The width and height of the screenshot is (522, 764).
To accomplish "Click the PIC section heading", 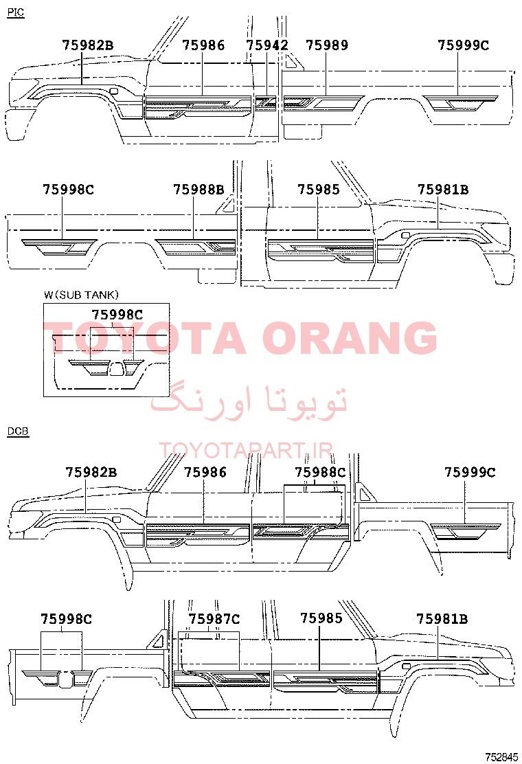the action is tap(16, 12).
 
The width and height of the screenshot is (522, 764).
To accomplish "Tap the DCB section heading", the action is tap(18, 431).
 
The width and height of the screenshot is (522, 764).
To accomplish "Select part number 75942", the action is tap(267, 45).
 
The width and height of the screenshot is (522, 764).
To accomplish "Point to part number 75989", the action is tap(327, 45).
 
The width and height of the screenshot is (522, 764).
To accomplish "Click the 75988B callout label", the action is tap(198, 189).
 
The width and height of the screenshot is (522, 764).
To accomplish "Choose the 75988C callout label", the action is tap(320, 472).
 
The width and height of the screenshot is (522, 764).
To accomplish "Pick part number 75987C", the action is tap(214, 619).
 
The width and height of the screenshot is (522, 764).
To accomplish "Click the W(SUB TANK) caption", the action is tap(81, 295).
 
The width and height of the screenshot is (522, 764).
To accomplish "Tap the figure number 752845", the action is tap(501, 757).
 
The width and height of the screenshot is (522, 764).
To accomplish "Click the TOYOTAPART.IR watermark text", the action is tap(246, 451).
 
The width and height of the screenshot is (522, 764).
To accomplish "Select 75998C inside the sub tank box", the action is tap(117, 315).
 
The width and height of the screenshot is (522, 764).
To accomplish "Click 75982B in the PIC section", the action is tap(88, 45).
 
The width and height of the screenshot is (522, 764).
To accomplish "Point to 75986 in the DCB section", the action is tap(205, 472).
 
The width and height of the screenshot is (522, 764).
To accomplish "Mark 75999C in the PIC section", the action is tap(463, 45).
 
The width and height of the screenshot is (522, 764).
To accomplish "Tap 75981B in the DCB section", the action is tap(442, 619).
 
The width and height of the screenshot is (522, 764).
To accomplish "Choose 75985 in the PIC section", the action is tap(319, 189).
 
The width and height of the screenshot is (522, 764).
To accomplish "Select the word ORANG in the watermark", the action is tap(350, 337).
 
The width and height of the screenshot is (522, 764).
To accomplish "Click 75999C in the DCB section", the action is tap(470, 472).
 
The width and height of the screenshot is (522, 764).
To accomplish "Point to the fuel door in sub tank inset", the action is tap(115, 369).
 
